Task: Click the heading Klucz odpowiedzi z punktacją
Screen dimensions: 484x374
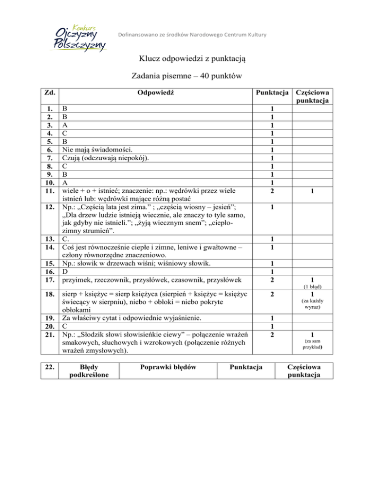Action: pos(187,60)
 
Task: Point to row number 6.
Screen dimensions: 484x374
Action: pos(50,149)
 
